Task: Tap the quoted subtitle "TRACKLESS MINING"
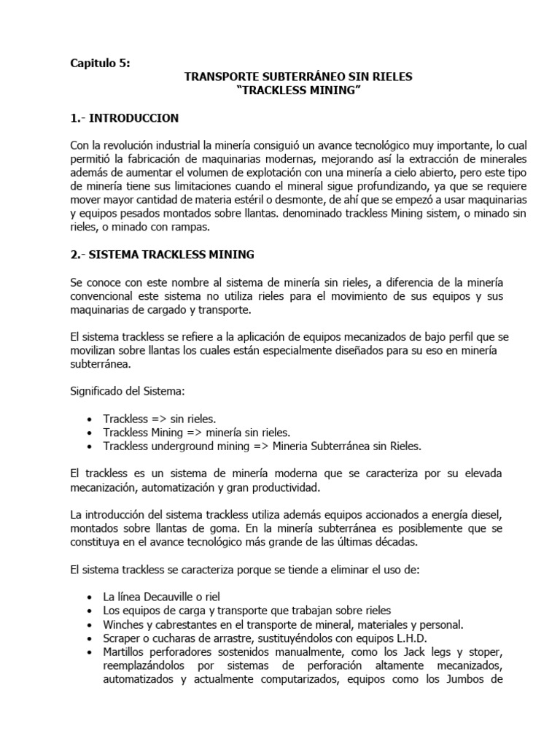click(x=299, y=89)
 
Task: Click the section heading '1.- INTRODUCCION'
click(x=125, y=117)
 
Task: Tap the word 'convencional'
click(x=104, y=295)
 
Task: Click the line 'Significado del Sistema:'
click(x=123, y=392)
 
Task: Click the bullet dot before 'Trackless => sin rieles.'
click(x=89, y=419)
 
